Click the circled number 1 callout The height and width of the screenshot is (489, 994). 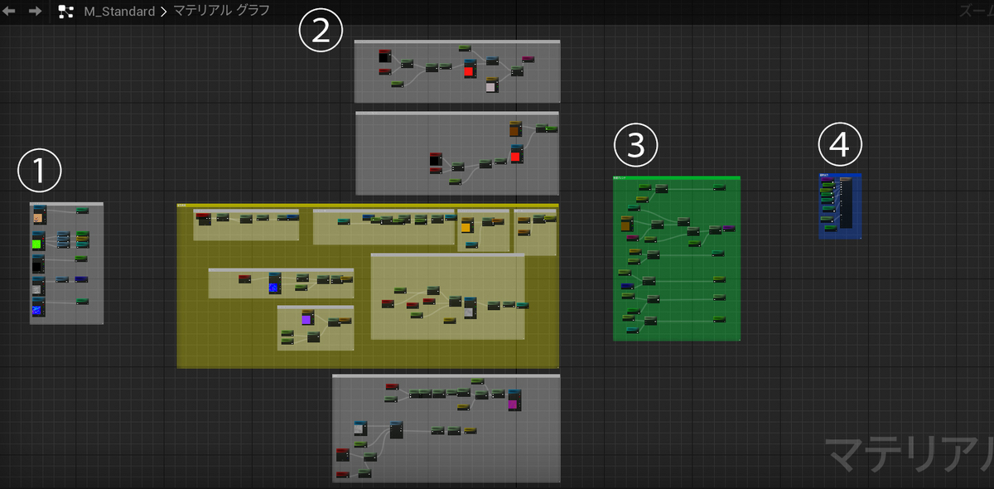click(40, 172)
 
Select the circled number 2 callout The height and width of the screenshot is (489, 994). click(320, 31)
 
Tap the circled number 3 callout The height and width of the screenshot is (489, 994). click(635, 146)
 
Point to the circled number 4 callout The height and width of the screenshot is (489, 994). click(840, 145)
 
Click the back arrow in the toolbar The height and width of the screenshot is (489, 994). click(11, 11)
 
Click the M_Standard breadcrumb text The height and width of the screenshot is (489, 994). click(119, 12)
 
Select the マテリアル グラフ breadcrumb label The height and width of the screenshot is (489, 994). click(221, 12)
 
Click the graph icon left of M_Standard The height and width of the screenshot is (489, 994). click(66, 12)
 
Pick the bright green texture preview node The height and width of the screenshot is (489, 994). click(37, 243)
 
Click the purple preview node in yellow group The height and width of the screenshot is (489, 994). click(306, 318)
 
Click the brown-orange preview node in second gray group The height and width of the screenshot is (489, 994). click(514, 128)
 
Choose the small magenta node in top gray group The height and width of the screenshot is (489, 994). click(528, 59)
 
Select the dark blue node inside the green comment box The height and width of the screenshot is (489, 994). click(627, 286)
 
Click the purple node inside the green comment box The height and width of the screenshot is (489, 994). click(728, 227)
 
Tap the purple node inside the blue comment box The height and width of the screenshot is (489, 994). click(825, 176)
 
